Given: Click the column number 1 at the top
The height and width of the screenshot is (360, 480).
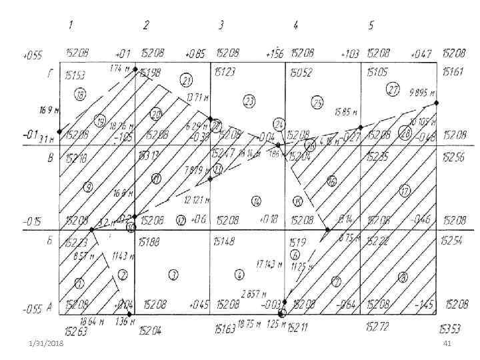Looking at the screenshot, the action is [x=71, y=25].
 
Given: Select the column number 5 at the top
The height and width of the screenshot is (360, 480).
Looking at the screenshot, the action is [x=371, y=25].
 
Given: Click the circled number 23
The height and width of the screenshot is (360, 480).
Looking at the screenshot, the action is [x=249, y=101].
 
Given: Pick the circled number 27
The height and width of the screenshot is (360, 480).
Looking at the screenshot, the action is [x=393, y=90].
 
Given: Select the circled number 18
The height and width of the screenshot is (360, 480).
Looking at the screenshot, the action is [x=80, y=94].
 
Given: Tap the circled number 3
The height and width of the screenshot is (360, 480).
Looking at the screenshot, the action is [x=173, y=274].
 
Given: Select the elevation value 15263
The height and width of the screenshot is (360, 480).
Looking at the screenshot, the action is [x=75, y=329].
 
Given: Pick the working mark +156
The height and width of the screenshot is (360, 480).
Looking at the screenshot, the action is [x=274, y=53].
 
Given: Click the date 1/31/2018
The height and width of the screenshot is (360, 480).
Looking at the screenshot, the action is [x=48, y=343].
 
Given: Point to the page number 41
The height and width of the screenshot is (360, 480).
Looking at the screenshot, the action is [x=447, y=343].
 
